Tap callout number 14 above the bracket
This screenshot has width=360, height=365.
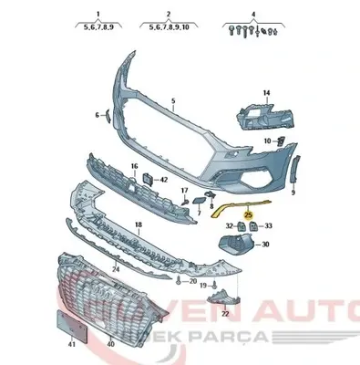point(267,94)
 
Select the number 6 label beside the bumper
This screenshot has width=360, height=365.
point(98,116)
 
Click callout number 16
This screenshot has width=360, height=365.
point(133,166)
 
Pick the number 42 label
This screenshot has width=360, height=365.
point(164,180)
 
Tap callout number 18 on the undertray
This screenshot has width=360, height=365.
point(139,223)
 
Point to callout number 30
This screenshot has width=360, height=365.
point(265,245)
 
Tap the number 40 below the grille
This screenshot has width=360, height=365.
point(111,344)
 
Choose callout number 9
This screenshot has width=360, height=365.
point(293,193)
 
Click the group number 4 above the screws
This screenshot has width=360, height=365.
point(253,15)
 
